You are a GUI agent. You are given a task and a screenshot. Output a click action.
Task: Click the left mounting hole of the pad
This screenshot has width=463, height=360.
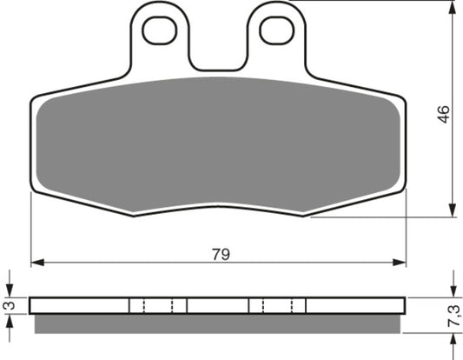tap(160, 30)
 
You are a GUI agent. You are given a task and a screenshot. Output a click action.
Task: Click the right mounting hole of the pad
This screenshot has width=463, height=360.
tap(277, 30)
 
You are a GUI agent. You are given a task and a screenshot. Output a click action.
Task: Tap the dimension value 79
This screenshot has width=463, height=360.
tap(221, 254)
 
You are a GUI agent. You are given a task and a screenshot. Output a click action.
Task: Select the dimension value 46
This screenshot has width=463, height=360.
tap(444, 114)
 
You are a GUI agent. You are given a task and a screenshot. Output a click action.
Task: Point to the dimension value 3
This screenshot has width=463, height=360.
tap(10, 305)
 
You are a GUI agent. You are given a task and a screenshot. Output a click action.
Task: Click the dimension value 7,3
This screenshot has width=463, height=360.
tap(453, 316)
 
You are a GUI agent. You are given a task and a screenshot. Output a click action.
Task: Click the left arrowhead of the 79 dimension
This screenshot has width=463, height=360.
tap(37, 262)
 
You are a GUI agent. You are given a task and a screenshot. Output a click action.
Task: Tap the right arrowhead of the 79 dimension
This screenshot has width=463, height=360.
tap(400, 262)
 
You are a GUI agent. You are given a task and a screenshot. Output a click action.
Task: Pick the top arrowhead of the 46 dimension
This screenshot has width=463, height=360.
tap(452, 7)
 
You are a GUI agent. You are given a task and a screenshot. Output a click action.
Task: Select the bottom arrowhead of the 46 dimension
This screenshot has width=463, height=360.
tap(452, 210)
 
